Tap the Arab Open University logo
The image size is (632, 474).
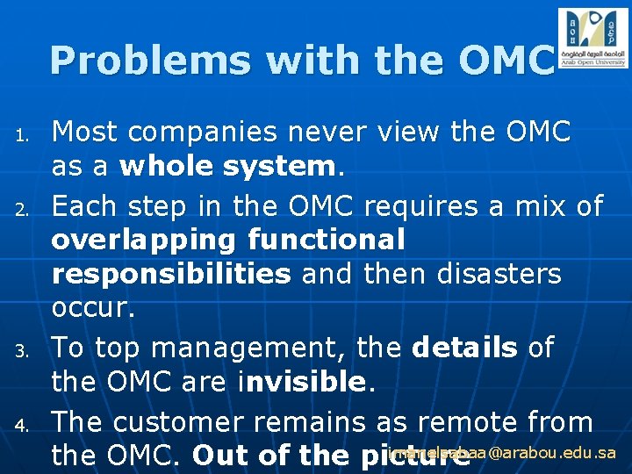click(x=592, y=38)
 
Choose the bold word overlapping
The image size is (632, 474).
click(x=144, y=240)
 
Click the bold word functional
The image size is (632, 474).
click(x=327, y=240)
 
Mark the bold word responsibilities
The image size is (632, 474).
click(x=171, y=274)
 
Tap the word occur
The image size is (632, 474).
click(x=88, y=307)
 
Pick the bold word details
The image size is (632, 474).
click(x=465, y=348)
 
